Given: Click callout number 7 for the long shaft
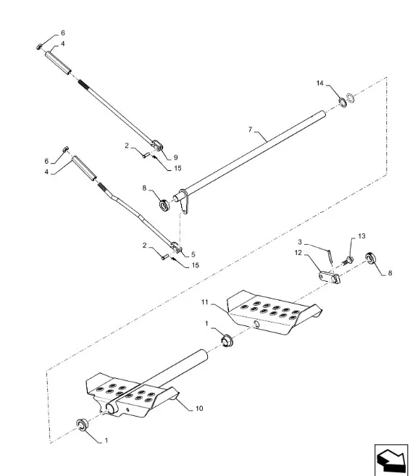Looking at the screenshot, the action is pyautogui.click(x=250, y=130).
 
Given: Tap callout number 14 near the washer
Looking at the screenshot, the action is pyautogui.click(x=320, y=83).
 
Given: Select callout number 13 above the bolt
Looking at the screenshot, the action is pyautogui.click(x=361, y=236).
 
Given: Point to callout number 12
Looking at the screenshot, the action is pyautogui.click(x=298, y=253).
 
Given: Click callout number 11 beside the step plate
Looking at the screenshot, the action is pyautogui.click(x=205, y=302).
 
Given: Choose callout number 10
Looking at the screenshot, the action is pyautogui.click(x=199, y=409).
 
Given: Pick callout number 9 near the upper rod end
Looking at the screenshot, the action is pyautogui.click(x=175, y=157).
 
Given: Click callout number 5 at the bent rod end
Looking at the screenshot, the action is pyautogui.click(x=193, y=254).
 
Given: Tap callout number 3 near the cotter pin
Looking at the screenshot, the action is pyautogui.click(x=300, y=242).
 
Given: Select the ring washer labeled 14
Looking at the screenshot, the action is pyautogui.click(x=343, y=102).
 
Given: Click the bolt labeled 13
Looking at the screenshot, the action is pyautogui.click(x=348, y=261).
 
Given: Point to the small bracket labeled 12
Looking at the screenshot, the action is pyautogui.click(x=330, y=277).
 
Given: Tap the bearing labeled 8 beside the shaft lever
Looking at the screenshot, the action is pyautogui.click(x=164, y=206).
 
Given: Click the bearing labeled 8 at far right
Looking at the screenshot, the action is pyautogui.click(x=371, y=259).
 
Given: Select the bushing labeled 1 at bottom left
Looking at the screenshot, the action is pyautogui.click(x=82, y=424).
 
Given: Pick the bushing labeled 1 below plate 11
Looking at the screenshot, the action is pyautogui.click(x=227, y=341).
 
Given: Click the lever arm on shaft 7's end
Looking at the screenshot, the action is pyautogui.click(x=184, y=202).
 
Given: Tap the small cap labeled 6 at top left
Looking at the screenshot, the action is pyautogui.click(x=39, y=47).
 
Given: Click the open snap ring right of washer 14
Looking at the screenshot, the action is pyautogui.click(x=351, y=98).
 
